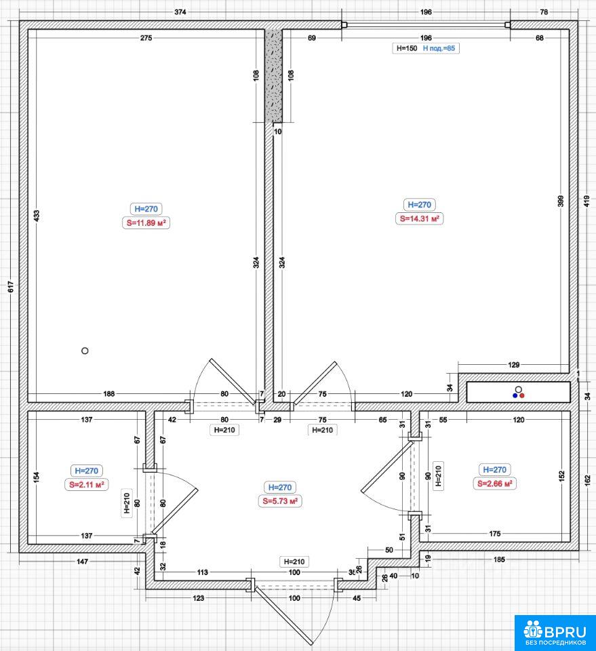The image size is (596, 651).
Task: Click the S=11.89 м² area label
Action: (146, 223)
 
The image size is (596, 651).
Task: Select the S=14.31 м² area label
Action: (419, 218)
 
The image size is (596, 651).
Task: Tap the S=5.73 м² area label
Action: (280, 501)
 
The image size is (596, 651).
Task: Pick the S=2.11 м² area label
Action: (86, 484)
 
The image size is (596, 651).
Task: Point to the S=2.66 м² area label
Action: (494, 484)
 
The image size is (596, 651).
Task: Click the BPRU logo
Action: (555, 633)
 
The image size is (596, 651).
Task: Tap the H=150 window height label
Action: (407, 48)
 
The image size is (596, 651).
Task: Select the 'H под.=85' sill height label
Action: (439, 48)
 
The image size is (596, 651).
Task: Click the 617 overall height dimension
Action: (11, 286)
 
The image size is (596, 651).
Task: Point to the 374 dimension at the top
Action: (180, 12)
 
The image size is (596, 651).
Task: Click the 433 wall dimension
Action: (37, 216)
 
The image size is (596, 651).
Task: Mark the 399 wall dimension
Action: (561, 201)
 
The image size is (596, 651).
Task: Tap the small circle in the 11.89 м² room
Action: (85, 351)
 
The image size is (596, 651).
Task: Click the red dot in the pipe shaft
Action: (521, 395)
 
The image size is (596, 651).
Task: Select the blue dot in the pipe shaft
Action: (515, 395)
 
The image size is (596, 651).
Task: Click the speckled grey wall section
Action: (273, 75)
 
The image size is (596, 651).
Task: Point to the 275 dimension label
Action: (146, 38)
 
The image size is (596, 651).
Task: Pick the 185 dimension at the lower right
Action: (499, 559)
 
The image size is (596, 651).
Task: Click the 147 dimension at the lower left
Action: (82, 561)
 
